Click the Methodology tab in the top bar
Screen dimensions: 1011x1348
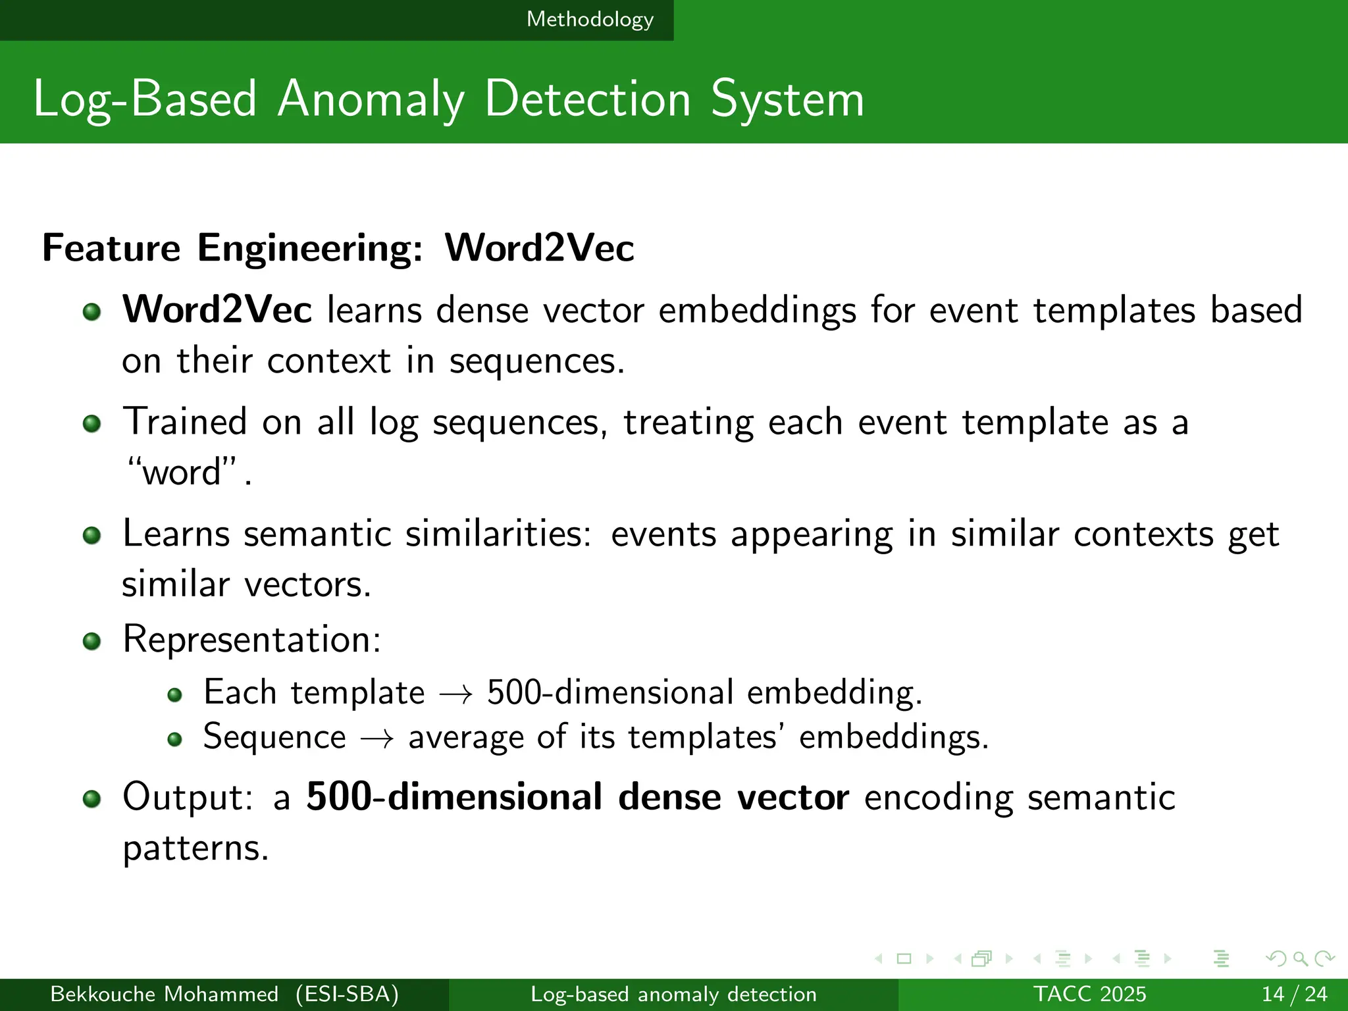click(590, 20)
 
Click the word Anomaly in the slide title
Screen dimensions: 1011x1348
click(371, 100)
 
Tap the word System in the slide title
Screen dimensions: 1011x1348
click(787, 100)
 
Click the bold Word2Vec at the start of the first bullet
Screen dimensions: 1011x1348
click(217, 309)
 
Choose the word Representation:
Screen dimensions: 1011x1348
click(252, 639)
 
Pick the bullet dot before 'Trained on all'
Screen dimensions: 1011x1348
click(92, 424)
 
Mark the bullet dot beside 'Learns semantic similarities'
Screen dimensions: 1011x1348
click(92, 535)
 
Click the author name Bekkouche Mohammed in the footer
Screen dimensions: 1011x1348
click(164, 994)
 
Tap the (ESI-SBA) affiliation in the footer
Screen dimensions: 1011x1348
click(347, 994)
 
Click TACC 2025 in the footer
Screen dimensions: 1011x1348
click(1089, 994)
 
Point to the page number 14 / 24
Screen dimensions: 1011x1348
click(1294, 994)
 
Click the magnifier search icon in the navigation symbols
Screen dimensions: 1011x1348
click(1300, 958)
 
